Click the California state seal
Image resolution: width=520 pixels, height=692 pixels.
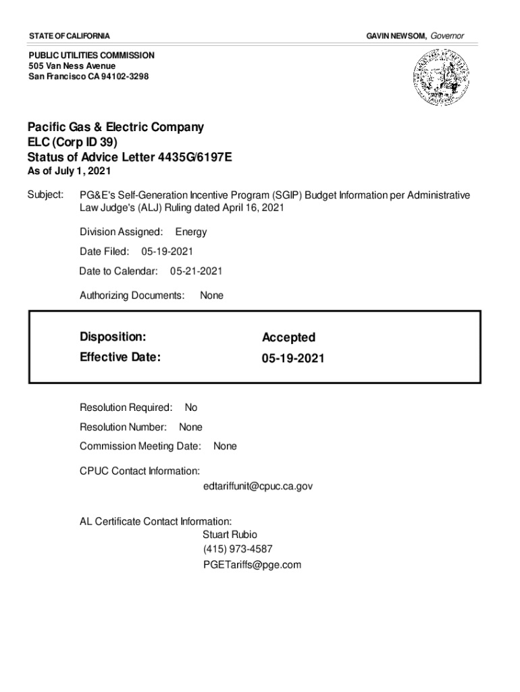pos(440,78)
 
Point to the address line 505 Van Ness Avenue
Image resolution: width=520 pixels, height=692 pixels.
pos(72,66)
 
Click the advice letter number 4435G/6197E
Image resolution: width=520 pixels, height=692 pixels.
pos(194,157)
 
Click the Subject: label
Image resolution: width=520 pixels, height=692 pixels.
pos(45,195)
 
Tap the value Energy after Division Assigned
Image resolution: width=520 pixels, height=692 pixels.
pos(191,232)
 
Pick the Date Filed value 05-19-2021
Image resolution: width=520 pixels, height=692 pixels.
pos(167,251)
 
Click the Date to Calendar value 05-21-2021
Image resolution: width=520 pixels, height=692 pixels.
pos(196,271)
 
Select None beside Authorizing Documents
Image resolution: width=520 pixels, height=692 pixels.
pos(211,295)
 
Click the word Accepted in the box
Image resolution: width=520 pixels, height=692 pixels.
pos(288,337)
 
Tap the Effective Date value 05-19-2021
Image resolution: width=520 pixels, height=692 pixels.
pos(293,358)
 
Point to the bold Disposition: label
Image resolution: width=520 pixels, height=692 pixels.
pos(113,337)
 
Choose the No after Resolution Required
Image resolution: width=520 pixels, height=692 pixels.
pos(191,407)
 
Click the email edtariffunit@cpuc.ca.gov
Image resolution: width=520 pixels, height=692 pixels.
pos(258,486)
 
